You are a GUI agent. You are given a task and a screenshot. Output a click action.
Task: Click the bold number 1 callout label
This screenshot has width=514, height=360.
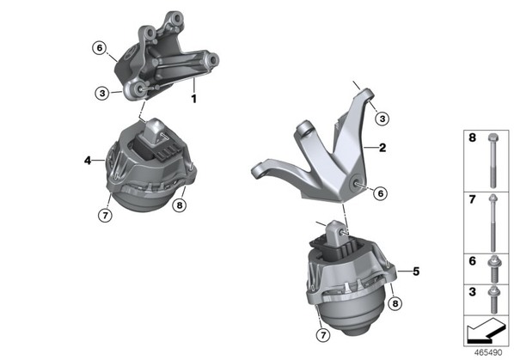(193, 99)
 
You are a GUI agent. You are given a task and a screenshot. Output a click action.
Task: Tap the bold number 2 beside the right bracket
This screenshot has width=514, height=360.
(382, 148)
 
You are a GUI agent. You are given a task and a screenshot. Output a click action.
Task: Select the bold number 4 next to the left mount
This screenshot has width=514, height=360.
(88, 161)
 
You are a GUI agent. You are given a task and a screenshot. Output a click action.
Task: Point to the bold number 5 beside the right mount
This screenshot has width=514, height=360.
(416, 272)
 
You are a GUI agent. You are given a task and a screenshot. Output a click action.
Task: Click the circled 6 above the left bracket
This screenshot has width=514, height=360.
(100, 48)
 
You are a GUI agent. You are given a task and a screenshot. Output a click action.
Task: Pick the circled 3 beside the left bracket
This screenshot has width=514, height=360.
(102, 94)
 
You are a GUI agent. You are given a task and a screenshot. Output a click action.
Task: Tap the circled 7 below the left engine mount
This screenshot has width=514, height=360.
(105, 215)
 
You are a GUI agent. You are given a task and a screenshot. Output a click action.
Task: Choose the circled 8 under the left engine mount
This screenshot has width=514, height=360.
(180, 205)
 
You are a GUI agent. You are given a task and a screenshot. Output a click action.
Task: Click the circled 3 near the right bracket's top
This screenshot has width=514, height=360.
(382, 119)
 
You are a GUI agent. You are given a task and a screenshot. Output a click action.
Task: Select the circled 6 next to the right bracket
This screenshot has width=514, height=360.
(380, 193)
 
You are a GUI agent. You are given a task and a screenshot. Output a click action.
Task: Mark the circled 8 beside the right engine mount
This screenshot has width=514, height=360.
(395, 303)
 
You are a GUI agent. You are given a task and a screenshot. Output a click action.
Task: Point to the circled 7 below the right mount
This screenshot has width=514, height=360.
(323, 335)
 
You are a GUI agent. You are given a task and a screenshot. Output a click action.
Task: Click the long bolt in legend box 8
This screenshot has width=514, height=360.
(493, 161)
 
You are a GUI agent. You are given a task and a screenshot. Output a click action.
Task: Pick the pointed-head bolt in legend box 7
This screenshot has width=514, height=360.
(493, 223)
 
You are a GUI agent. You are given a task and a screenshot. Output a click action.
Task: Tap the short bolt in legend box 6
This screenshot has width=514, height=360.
(493, 270)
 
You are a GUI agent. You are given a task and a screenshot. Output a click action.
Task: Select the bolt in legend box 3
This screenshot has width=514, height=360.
(493, 299)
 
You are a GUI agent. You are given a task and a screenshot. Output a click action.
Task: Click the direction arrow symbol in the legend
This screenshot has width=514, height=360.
(486, 331)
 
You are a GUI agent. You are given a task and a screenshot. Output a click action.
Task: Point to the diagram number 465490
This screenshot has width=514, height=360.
(488, 353)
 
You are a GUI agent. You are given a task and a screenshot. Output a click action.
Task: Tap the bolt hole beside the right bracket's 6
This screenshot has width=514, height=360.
(355, 184)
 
